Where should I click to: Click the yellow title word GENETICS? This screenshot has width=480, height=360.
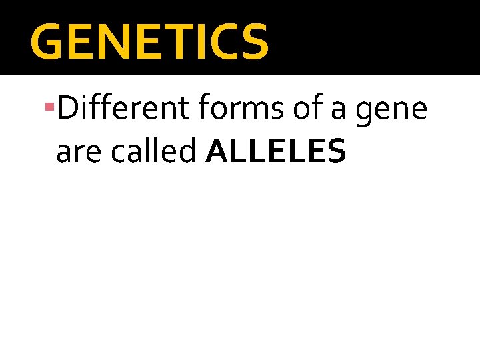click(149, 41)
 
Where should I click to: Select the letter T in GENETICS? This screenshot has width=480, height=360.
click(177, 41)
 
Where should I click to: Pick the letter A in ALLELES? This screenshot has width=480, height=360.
click(219, 151)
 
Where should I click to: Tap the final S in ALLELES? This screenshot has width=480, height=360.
click(335, 151)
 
